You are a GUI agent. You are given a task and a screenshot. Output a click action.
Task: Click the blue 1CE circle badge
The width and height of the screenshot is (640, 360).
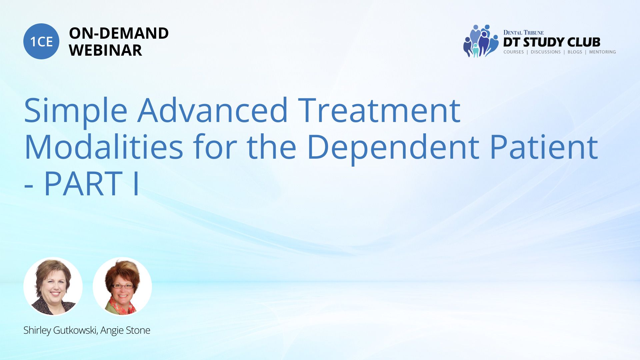click(41, 41)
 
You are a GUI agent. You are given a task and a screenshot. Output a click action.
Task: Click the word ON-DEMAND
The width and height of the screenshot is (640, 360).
click(119, 33)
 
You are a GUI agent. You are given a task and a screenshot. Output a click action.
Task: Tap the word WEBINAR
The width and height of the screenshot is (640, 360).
click(105, 50)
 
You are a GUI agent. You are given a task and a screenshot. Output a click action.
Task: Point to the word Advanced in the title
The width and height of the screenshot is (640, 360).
click(213, 110)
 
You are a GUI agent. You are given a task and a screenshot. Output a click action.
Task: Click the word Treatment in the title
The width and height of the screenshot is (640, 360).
click(379, 110)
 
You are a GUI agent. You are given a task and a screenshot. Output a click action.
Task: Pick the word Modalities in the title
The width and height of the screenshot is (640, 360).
click(104, 147)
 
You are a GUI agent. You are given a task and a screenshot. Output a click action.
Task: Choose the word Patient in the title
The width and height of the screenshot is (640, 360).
click(544, 147)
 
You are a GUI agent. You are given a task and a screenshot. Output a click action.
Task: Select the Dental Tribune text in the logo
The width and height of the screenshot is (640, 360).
click(523, 33)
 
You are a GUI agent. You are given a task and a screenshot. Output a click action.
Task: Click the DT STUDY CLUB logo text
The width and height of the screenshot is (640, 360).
click(552, 42)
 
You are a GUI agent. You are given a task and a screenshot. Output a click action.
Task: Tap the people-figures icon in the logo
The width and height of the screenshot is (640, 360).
click(480, 41)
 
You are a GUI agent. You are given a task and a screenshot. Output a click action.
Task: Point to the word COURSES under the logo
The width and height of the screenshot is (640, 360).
click(513, 52)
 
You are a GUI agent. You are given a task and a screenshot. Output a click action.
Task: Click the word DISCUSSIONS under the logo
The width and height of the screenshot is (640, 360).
click(546, 52)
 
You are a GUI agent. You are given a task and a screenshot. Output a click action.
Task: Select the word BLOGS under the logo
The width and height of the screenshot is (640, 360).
click(575, 52)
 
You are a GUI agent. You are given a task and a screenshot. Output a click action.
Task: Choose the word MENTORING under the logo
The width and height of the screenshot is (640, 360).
click(602, 52)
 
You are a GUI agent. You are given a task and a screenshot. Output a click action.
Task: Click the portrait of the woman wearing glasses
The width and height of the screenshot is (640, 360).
click(122, 286)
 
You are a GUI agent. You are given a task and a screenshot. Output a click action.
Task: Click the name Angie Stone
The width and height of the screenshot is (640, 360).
click(125, 330)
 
